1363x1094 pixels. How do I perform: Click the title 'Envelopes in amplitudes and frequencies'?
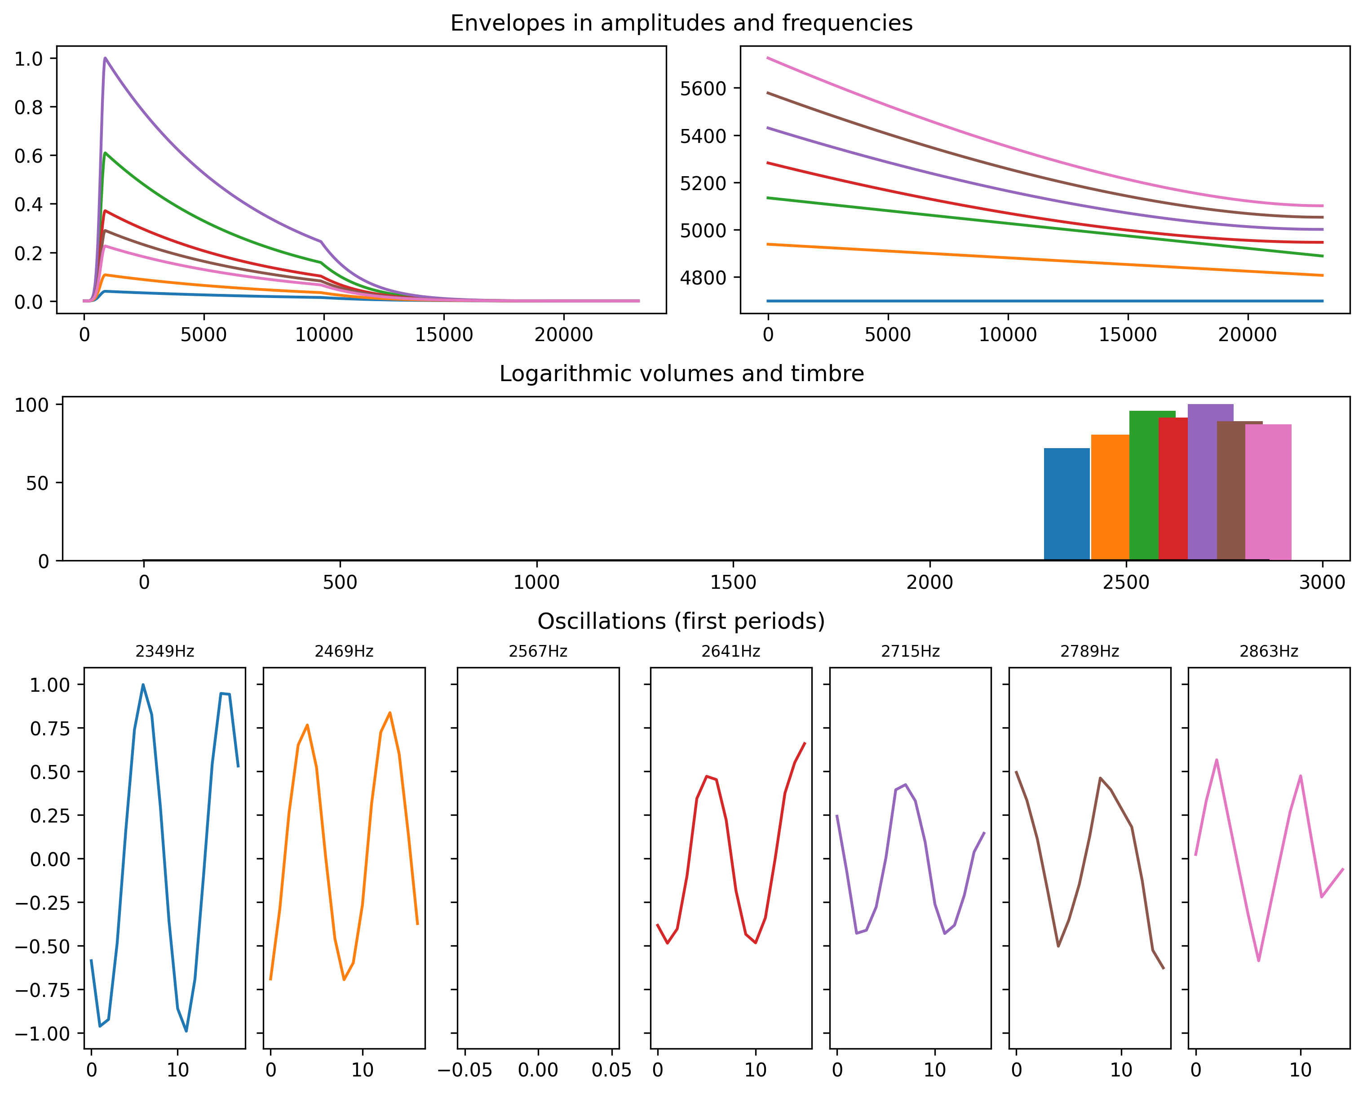tap(681, 23)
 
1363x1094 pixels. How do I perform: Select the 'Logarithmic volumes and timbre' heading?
tap(681, 374)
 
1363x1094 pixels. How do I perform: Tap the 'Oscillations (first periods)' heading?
tap(681, 622)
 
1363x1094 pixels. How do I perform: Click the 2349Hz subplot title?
tap(164, 651)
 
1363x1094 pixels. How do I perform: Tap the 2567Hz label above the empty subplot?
tap(538, 651)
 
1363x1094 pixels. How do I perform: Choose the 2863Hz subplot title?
tap(1268, 651)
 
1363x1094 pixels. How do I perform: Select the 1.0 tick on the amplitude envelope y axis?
tap(28, 59)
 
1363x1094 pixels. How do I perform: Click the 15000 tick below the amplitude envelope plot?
tap(444, 334)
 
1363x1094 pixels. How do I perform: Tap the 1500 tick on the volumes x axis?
tap(733, 583)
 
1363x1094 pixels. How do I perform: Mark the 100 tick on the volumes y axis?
tap(31, 405)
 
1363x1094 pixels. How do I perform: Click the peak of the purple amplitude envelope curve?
tap(105, 58)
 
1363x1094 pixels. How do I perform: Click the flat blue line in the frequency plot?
tap(1043, 301)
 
